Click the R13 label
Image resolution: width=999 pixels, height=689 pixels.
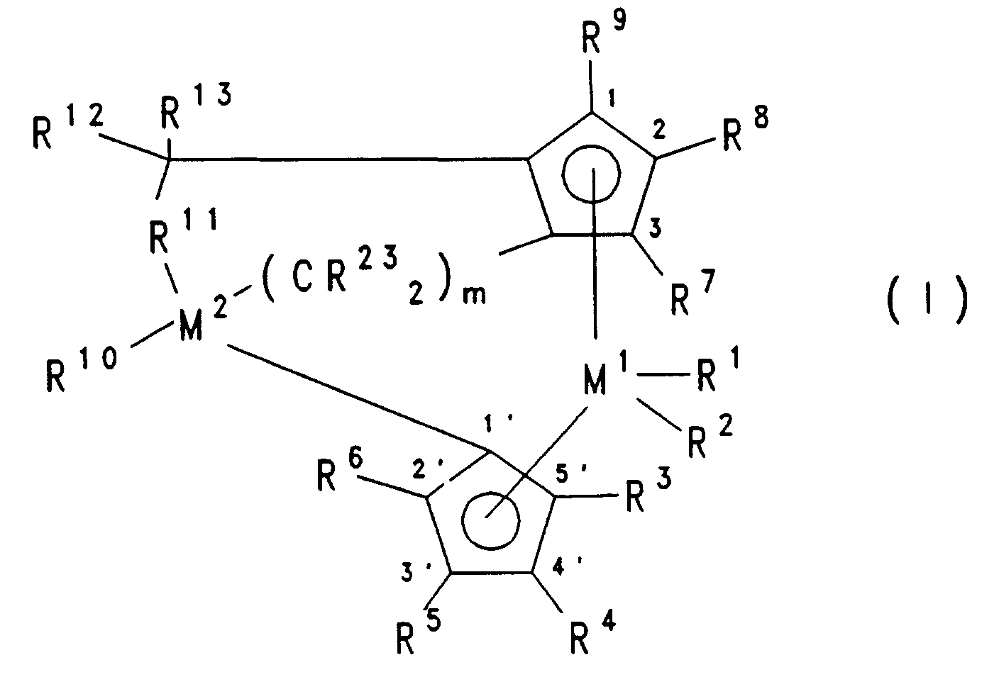(x=192, y=106)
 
